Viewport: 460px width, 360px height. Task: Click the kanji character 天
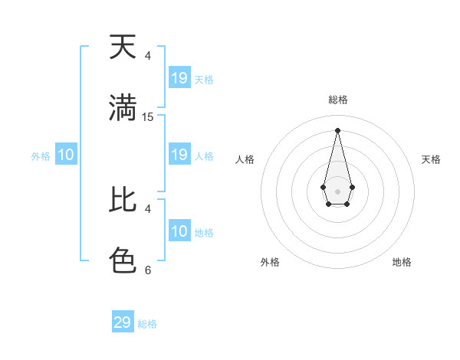pyautogui.click(x=123, y=47)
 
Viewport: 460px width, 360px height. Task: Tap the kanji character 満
pyautogui.click(x=123, y=108)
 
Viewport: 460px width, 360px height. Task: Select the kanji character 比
pyautogui.click(x=123, y=200)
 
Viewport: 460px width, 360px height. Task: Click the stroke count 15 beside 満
pyautogui.click(x=148, y=117)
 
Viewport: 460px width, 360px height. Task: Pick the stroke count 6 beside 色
pyautogui.click(x=148, y=270)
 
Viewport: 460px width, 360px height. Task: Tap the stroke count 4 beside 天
pyautogui.click(x=148, y=56)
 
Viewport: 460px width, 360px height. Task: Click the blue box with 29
pyautogui.click(x=123, y=322)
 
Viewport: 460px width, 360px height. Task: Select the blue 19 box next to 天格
pyautogui.click(x=179, y=78)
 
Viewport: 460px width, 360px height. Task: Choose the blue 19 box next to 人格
pyautogui.click(x=179, y=155)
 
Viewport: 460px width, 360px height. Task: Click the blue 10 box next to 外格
pyautogui.click(x=66, y=155)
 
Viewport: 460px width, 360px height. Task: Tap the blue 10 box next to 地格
pyautogui.click(x=179, y=231)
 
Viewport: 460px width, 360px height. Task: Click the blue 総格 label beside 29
pyautogui.click(x=147, y=324)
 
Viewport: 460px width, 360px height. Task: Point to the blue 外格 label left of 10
pyautogui.click(x=41, y=156)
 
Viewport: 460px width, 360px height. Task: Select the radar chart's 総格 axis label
pyautogui.click(x=338, y=100)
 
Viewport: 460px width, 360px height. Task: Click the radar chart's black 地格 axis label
pyautogui.click(x=402, y=262)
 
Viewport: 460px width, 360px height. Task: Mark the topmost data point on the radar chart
pyautogui.click(x=337, y=129)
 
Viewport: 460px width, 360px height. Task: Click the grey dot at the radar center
pyautogui.click(x=337, y=191)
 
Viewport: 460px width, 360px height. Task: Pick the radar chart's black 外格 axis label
pyautogui.click(x=270, y=262)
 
